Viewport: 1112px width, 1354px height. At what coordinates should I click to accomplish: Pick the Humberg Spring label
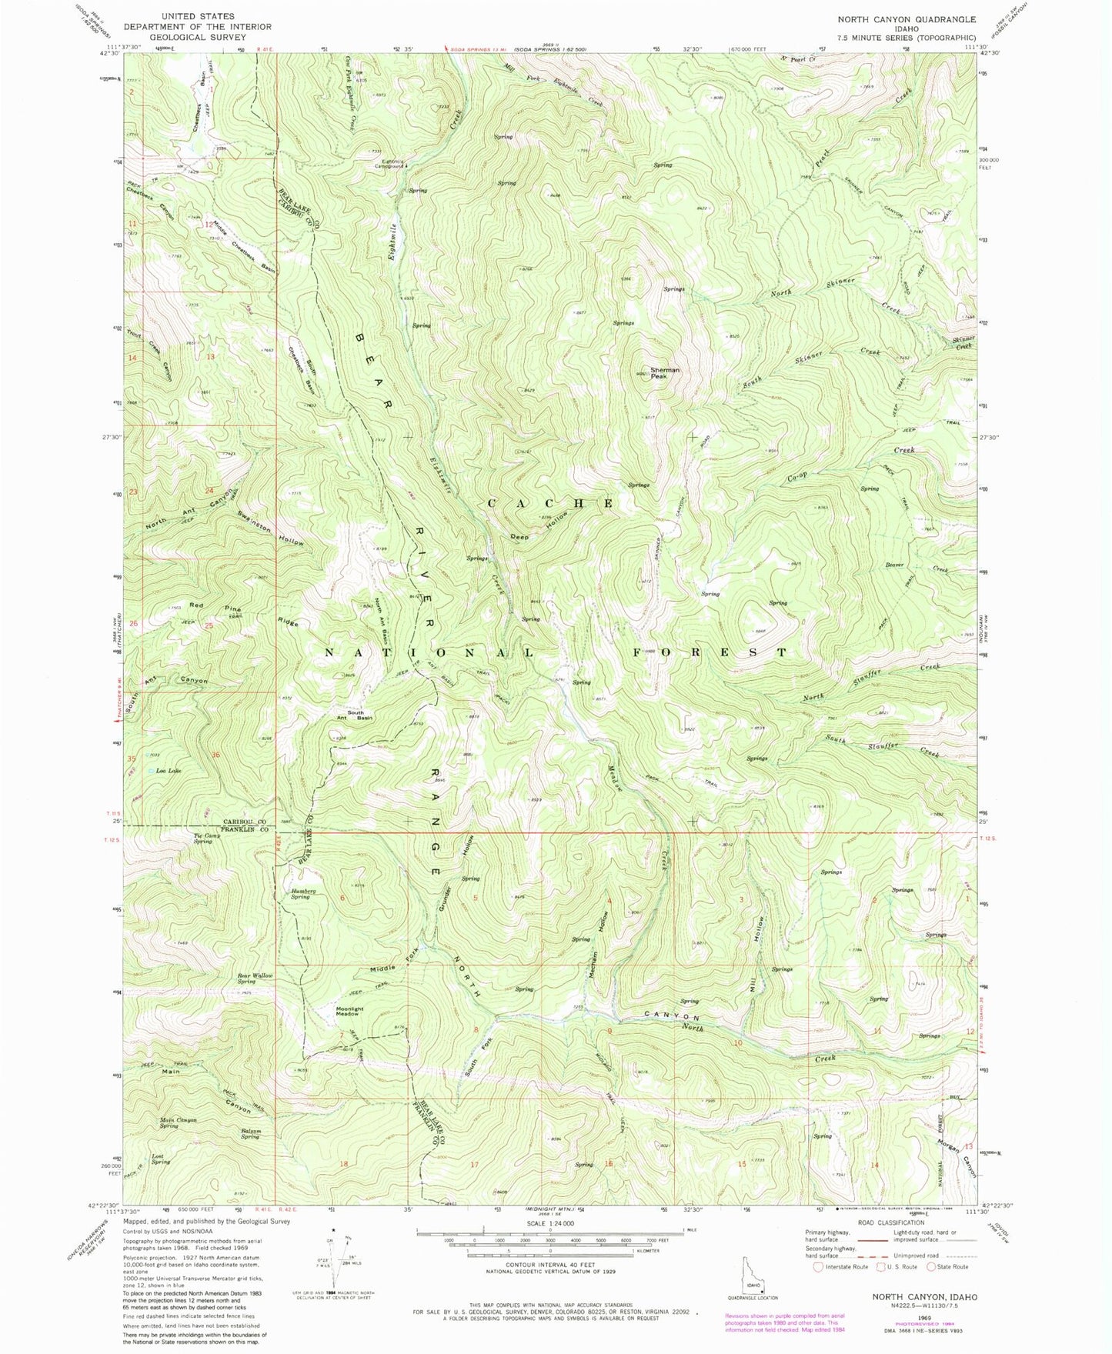[300, 894]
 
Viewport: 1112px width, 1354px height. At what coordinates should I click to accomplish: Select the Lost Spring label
[161, 1159]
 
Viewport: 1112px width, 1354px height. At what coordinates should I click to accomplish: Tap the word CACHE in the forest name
[549, 503]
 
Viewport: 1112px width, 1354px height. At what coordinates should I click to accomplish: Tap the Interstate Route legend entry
[841, 1266]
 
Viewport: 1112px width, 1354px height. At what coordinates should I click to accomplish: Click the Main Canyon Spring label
[179, 1122]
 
